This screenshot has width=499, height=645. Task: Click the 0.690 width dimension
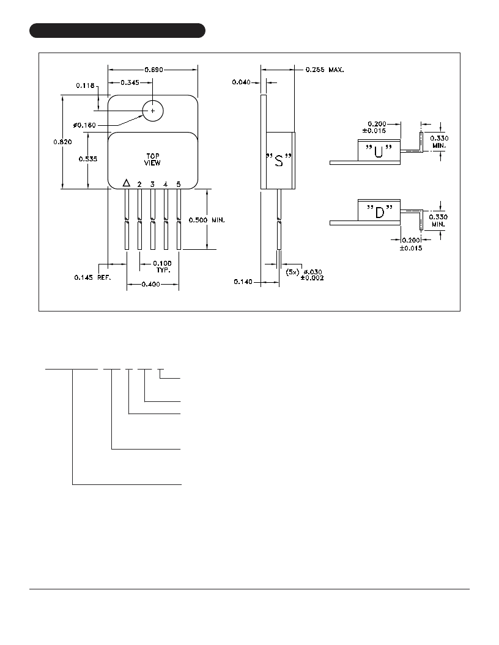pyautogui.click(x=153, y=70)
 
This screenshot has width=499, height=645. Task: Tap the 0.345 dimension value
pyautogui.click(x=130, y=82)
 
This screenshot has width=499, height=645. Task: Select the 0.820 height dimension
pyautogui.click(x=62, y=142)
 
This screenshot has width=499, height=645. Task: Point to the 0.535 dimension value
pyautogui.click(x=88, y=159)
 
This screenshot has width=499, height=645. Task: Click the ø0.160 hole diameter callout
pyautogui.click(x=84, y=125)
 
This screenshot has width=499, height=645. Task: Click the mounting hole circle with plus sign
pyautogui.click(x=153, y=111)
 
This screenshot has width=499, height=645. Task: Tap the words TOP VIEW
pyautogui.click(x=152, y=159)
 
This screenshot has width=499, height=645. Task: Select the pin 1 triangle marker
pyautogui.click(x=127, y=183)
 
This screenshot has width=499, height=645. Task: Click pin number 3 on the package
pyautogui.click(x=152, y=184)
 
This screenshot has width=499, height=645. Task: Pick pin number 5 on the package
pyautogui.click(x=179, y=184)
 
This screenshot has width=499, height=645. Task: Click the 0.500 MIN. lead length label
pyautogui.click(x=207, y=220)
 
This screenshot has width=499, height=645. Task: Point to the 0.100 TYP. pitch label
pyautogui.click(x=162, y=266)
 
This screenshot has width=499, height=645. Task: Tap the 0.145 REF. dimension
pyautogui.click(x=92, y=278)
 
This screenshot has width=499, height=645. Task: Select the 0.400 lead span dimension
pyautogui.click(x=150, y=284)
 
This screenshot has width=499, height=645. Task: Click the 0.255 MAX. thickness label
pyautogui.click(x=325, y=70)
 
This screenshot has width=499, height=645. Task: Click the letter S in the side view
pyautogui.click(x=279, y=160)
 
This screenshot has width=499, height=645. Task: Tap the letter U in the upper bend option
pyautogui.click(x=379, y=152)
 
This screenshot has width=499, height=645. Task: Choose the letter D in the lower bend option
pyautogui.click(x=379, y=213)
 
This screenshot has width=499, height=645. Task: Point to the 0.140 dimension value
pyautogui.click(x=243, y=282)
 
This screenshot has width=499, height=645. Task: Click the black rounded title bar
pyautogui.click(x=117, y=31)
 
